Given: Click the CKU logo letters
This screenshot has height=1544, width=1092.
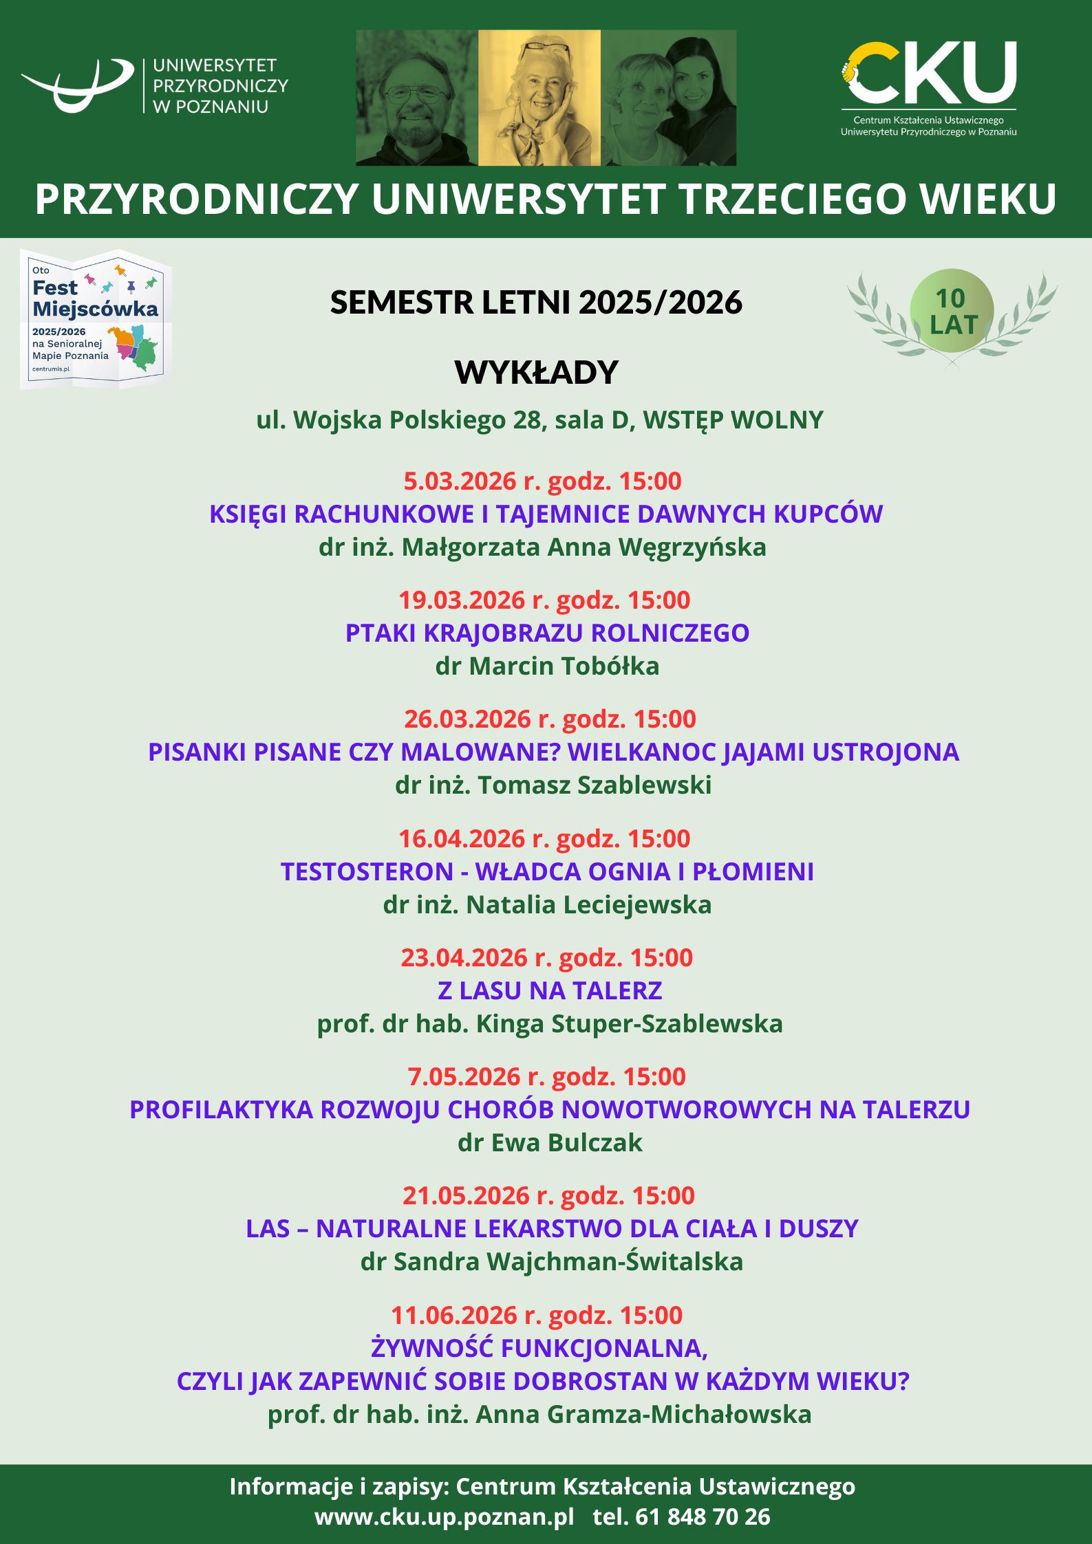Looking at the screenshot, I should pos(929,72).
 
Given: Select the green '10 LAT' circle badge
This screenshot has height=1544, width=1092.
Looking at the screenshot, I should pos(952,311).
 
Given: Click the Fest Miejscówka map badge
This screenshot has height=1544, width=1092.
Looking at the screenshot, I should pos(95,319).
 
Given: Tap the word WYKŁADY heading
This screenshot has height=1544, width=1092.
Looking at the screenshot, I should pos(537,373).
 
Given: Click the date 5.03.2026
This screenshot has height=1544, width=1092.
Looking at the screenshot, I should pos(460,481).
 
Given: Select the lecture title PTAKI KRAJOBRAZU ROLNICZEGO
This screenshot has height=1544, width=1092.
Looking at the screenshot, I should pos(547,633).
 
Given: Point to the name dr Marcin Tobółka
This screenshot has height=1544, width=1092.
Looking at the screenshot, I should pos(547,666).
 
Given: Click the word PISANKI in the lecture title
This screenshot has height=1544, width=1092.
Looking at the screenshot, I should pos(197,752).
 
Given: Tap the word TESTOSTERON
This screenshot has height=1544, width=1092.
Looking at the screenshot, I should pos(367,871).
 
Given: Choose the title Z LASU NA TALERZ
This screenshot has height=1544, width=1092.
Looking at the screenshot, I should pos(550,990).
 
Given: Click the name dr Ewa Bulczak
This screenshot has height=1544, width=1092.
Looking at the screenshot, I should pos(550,1142).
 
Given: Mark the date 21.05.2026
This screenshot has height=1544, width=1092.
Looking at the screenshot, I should pos(466,1196).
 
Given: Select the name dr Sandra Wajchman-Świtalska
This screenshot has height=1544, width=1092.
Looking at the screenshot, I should pos(552,1261).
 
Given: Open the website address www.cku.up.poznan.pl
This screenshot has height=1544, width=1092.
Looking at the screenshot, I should pos(445,1516).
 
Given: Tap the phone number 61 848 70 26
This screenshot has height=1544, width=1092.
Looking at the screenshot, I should pos(703,1516).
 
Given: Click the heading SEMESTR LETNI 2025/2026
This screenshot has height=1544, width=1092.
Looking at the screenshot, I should pos(536,303).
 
